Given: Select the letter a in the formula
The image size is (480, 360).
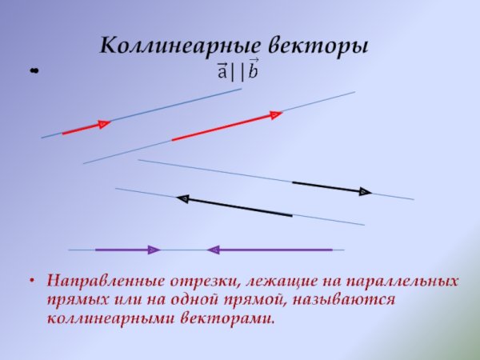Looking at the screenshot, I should pyautogui.click(x=224, y=72).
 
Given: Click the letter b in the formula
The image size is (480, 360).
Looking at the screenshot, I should pyautogui.click(x=253, y=71).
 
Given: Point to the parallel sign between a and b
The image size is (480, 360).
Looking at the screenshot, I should pyautogui.click(x=238, y=72).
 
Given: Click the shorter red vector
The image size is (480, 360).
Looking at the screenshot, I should pyautogui.click(x=86, y=128).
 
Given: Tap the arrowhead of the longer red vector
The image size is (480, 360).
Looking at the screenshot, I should pyautogui.click(x=276, y=115).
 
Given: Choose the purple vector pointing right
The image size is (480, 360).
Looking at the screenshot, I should pyautogui.click(x=127, y=250).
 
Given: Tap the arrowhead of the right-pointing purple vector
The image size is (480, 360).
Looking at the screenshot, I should pyautogui.click(x=154, y=250).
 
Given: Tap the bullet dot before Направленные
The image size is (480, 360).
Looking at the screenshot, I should pyautogui.click(x=31, y=282).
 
